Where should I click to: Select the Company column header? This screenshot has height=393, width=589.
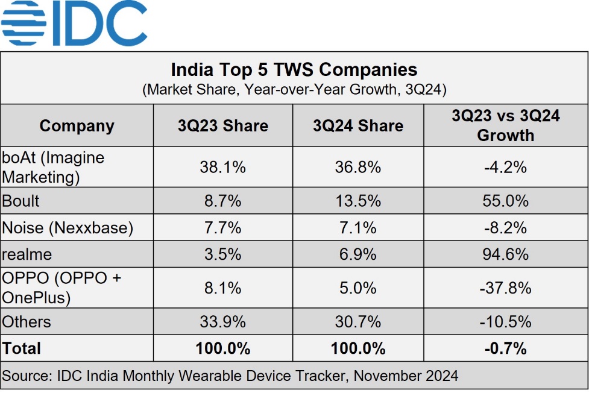[77, 126]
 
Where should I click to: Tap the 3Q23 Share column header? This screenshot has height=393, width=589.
[222, 126]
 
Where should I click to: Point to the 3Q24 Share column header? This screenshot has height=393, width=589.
[357, 126]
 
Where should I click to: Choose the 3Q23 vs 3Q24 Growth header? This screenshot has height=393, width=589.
[505, 125]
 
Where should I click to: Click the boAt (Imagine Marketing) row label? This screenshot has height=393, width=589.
[53, 167]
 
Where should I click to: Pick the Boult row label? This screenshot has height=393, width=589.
[22, 201]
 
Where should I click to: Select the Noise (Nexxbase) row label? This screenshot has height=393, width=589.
[68, 228]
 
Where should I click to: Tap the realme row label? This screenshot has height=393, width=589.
[27, 254]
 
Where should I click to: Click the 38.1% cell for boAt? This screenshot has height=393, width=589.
[222, 167]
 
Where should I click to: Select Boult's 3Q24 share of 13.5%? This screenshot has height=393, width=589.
[357, 201]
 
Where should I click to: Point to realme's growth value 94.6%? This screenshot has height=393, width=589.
[505, 254]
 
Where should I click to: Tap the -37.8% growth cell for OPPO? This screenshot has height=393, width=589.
[505, 288]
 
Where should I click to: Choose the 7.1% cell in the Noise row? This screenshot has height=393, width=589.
[357, 228]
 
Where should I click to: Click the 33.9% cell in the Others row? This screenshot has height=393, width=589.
[222, 322]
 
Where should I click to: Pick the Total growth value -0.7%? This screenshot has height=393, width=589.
[505, 348]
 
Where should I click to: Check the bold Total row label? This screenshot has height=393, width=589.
[22, 348]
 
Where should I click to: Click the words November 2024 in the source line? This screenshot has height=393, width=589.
[406, 376]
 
